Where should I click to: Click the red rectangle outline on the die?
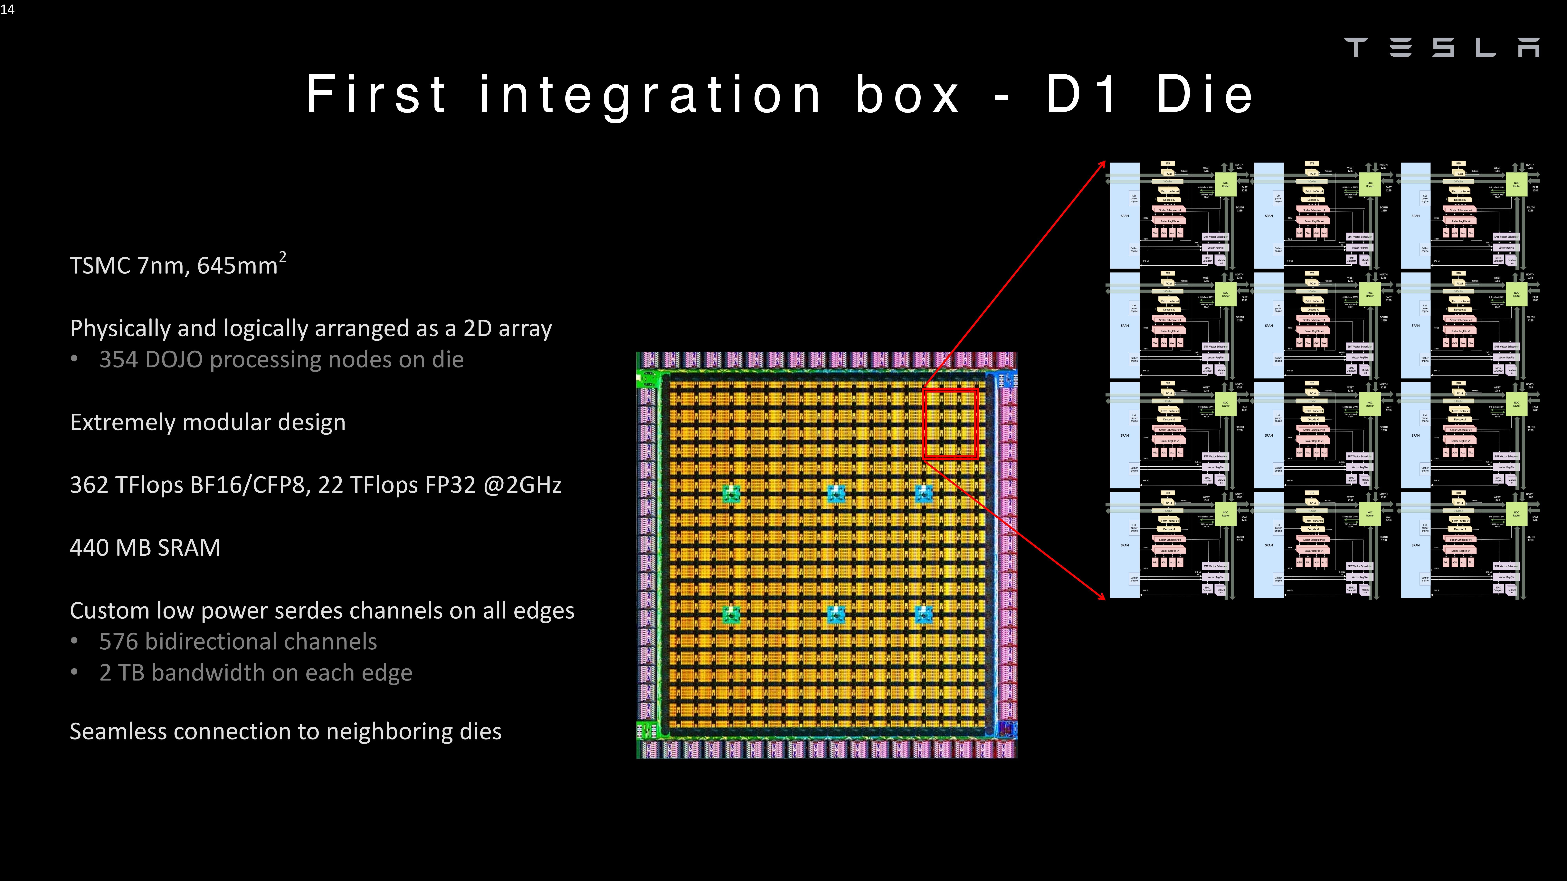point(923,424)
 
